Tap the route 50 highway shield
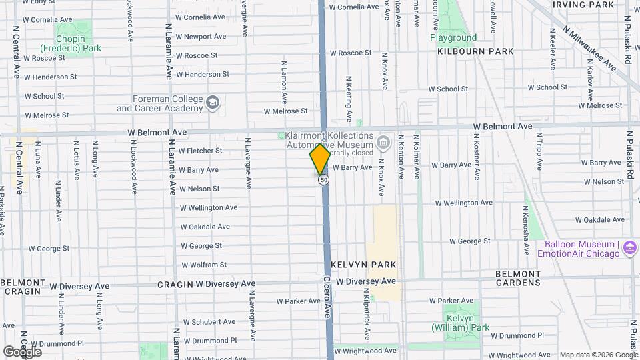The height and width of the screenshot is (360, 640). click(x=323, y=180)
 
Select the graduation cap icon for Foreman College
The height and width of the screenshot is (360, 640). click(x=213, y=102)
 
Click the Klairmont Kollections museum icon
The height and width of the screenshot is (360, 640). click(x=383, y=142)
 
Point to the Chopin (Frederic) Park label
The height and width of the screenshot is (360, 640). click(x=70, y=43)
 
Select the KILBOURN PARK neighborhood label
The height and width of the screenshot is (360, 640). click(x=475, y=51)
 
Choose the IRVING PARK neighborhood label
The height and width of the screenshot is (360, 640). click(x=583, y=5)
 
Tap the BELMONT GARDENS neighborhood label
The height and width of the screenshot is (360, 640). click(x=518, y=278)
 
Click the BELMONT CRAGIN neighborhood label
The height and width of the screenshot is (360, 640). click(x=23, y=287)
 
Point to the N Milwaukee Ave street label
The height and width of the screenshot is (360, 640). click(x=589, y=47)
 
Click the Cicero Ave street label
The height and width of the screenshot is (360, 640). click(x=327, y=297)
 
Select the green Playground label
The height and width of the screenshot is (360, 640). click(x=453, y=38)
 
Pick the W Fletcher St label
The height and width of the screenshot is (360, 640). click(x=200, y=151)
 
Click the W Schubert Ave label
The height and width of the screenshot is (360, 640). click(x=209, y=321)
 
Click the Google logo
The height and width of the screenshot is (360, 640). click(x=22, y=351)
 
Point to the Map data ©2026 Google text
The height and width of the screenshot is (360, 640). click(x=598, y=355)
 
